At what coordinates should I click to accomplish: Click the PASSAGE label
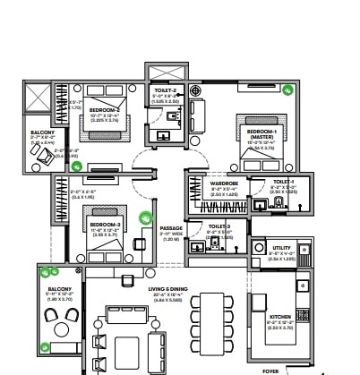click(x=170, y=229)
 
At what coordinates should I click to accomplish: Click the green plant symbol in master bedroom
click(x=287, y=89)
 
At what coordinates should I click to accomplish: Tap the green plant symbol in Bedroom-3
click(x=146, y=216)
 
